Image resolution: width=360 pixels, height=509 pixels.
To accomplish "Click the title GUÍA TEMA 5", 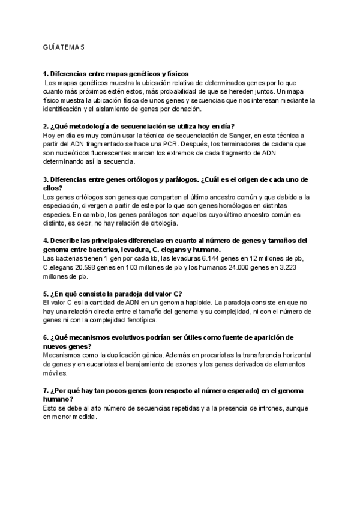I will [64, 46].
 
